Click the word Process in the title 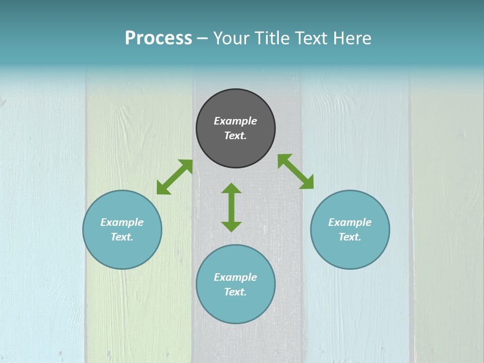tap(158, 38)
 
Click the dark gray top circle tap(235, 129)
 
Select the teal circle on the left tap(122, 229)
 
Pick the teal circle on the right tap(350, 229)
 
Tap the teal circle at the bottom tap(235, 284)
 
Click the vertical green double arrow tap(231, 207)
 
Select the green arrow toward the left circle tap(174, 177)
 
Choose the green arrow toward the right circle tap(295, 171)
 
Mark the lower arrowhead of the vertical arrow tap(231, 226)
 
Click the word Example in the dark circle tap(235, 121)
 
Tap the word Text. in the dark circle tap(235, 136)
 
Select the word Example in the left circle tap(122, 222)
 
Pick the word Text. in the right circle tap(350, 237)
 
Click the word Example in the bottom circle tap(235, 277)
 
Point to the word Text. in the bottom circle tap(235, 292)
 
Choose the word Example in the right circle tap(350, 222)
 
